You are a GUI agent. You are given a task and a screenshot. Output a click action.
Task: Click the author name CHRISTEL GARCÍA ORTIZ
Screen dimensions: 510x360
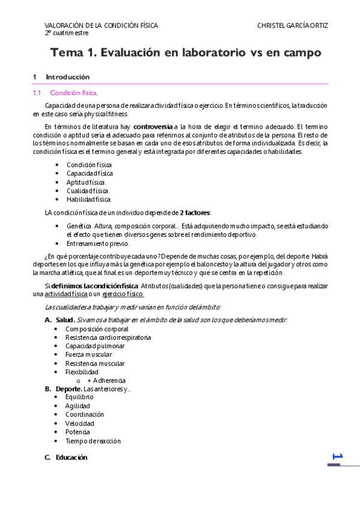click(292, 26)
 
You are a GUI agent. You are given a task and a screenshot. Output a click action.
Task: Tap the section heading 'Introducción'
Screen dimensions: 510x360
click(67, 77)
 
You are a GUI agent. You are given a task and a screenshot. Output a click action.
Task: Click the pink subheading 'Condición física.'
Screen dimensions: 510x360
click(73, 93)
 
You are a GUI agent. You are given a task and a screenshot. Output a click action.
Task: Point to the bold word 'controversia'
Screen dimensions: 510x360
click(153, 127)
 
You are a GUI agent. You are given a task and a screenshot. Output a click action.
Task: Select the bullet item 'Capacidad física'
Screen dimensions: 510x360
click(90, 173)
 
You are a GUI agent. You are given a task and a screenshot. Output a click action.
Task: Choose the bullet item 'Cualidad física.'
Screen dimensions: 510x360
click(88, 191)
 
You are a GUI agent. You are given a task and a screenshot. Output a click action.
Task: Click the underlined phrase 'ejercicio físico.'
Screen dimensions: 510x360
click(123, 293)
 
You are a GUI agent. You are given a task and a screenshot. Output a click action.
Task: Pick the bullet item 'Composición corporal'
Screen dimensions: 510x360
click(97, 329)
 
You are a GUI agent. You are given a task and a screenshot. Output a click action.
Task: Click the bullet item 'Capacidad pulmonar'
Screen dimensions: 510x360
click(95, 346)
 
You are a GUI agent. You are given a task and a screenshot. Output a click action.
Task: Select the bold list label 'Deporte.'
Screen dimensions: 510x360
click(69, 389)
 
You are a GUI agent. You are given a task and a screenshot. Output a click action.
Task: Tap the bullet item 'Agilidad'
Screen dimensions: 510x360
click(78, 406)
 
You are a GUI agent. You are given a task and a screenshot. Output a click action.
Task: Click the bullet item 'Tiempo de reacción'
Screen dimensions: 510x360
click(93, 441)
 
